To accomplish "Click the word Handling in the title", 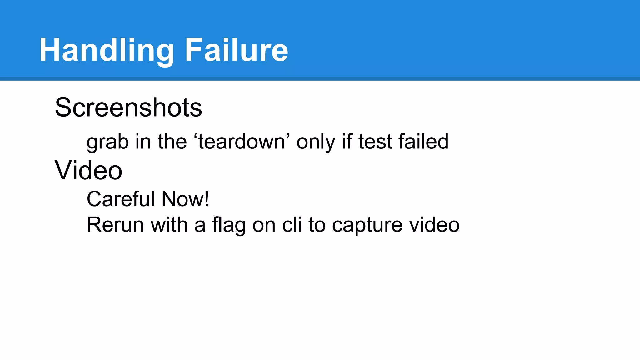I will (107, 51).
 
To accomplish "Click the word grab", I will (107, 142).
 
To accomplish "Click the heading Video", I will (88, 170).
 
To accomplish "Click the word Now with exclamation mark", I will (185, 199).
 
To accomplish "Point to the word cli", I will (292, 225).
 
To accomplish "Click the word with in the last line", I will (169, 225).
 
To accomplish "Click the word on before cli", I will (264, 225).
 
